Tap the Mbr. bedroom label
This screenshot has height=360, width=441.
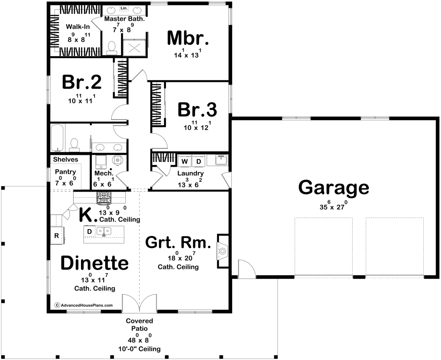[188, 38]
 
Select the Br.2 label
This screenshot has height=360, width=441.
[82, 82]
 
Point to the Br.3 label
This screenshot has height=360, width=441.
[197, 109]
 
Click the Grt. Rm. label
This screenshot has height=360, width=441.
[178, 242]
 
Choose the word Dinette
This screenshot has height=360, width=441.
[94, 263]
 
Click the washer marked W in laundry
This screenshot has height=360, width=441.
[184, 161]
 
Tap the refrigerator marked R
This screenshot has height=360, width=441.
[57, 235]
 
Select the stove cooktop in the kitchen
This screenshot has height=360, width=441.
[104, 198]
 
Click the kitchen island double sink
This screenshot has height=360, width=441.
[104, 231]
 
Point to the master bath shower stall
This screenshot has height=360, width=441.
[134, 48]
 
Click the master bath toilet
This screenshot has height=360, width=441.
[112, 48]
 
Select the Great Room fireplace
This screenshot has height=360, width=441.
[222, 251]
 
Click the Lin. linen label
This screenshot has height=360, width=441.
[124, 8]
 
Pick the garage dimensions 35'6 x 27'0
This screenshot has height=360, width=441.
[334, 206]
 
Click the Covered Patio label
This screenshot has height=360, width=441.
[139, 324]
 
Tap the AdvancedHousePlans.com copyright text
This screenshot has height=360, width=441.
[84, 305]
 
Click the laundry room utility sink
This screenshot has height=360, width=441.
[221, 160]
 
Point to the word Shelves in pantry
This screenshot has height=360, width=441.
[65, 159]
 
